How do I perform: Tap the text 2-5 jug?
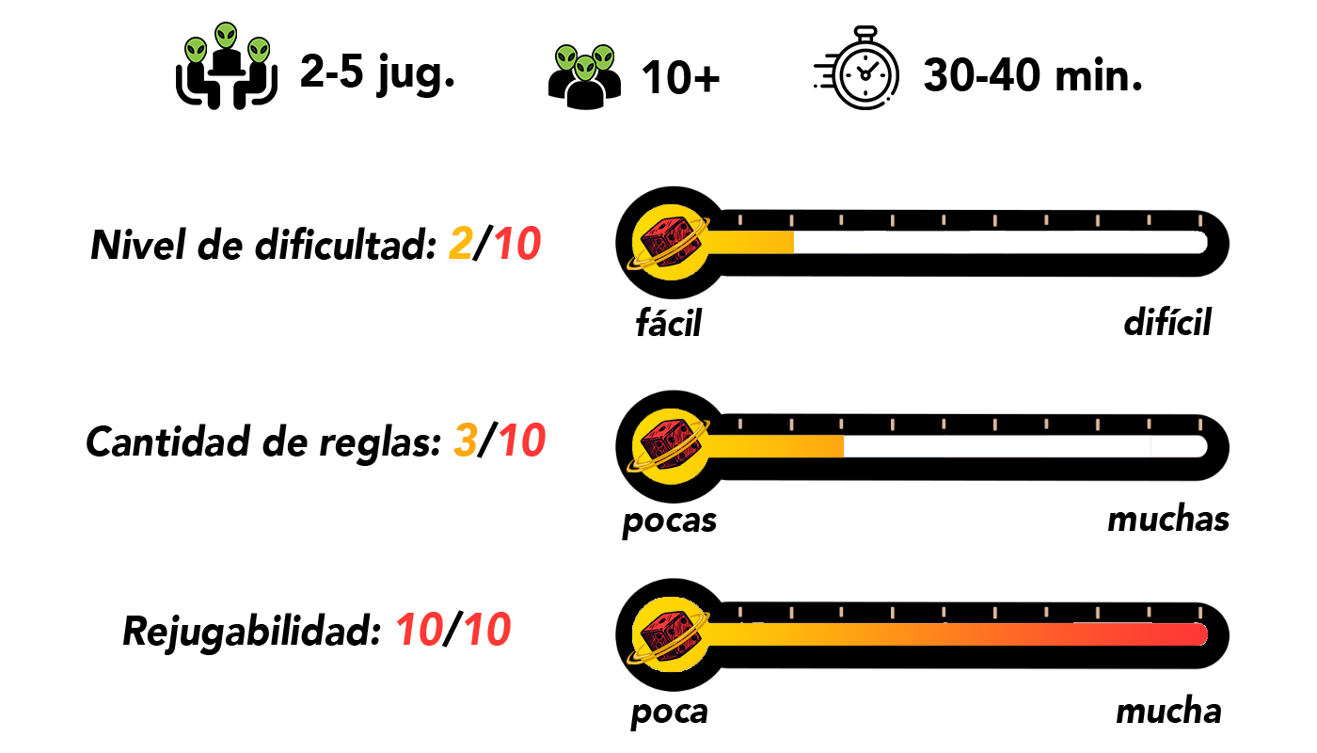click(377, 72)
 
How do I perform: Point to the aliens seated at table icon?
click(226, 65)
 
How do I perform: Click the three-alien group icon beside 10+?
click(584, 75)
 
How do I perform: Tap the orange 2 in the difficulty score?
click(460, 246)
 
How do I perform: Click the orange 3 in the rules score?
click(464, 441)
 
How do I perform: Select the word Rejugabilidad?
click(249, 632)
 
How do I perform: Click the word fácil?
click(669, 324)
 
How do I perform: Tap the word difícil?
click(1167, 323)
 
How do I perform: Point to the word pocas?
click(669, 521)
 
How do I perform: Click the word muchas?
click(1167, 519)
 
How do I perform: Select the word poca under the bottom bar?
click(669, 713)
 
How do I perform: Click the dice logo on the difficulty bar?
click(670, 242)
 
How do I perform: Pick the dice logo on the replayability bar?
click(670, 633)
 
